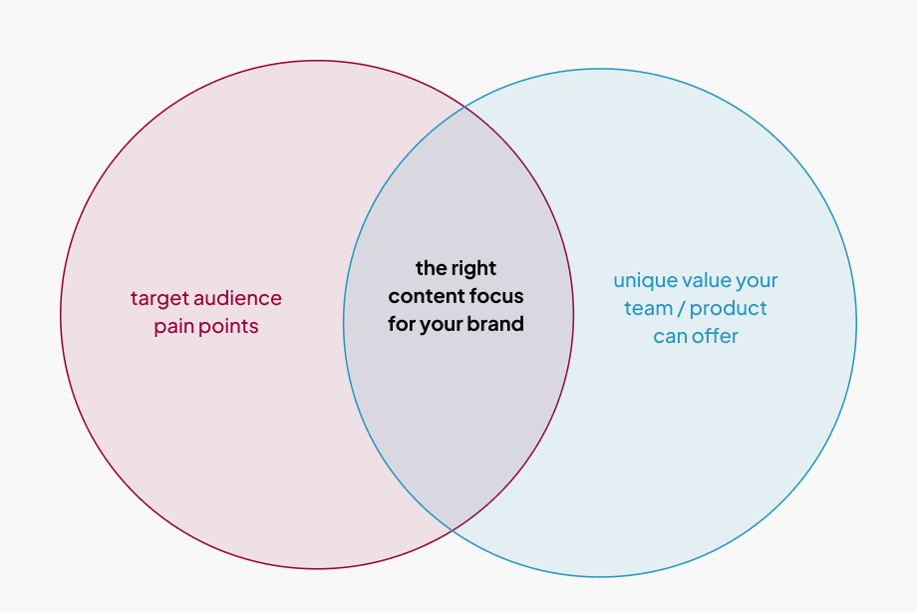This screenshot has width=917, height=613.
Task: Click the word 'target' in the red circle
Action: click(x=157, y=298)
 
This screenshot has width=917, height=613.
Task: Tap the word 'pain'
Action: click(x=173, y=326)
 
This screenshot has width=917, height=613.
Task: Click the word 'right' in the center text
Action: click(x=474, y=268)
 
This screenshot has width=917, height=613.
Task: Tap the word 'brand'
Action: click(x=495, y=324)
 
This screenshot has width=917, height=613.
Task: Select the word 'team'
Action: click(x=648, y=308)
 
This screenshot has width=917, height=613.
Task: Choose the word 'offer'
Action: click(x=715, y=336)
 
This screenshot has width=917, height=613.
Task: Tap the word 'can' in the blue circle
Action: click(x=670, y=336)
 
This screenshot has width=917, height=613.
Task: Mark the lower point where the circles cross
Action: click(x=451, y=529)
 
